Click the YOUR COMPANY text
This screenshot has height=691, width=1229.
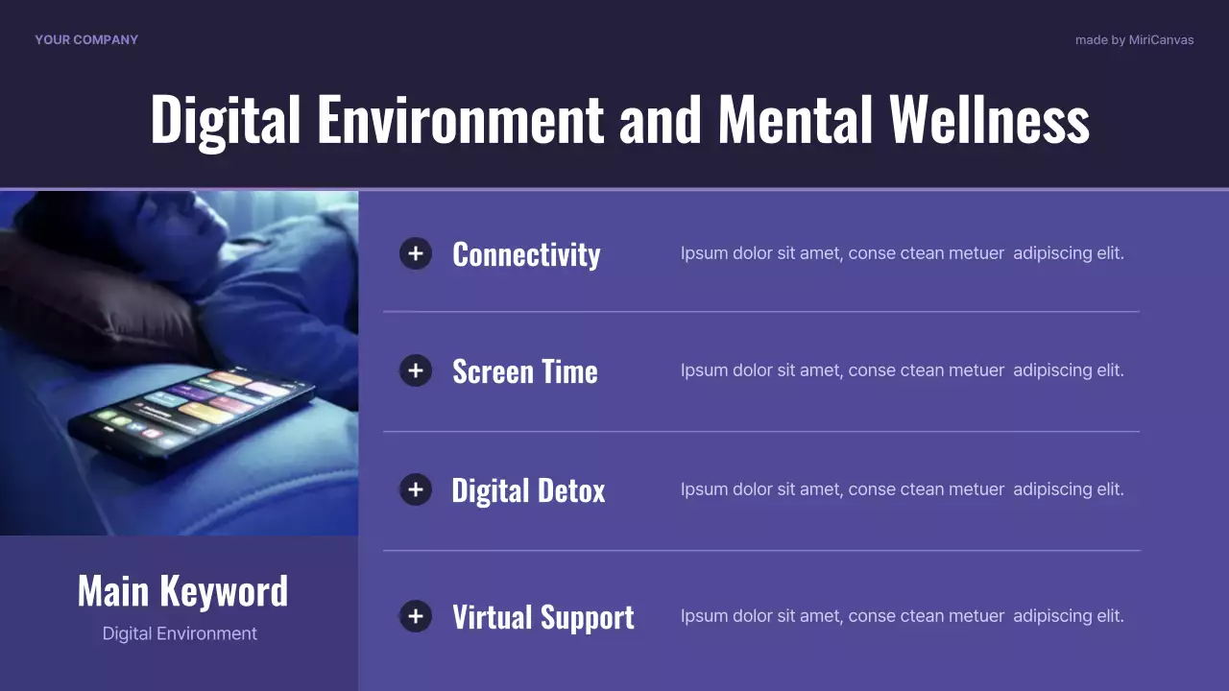pyautogui.click(x=86, y=39)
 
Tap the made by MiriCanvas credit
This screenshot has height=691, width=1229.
pyautogui.click(x=1134, y=40)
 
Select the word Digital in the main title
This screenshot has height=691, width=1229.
pyautogui.click(x=228, y=119)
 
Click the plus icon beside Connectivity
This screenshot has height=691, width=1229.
pyautogui.click(x=416, y=253)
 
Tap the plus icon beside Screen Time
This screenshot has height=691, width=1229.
pyautogui.click(x=416, y=370)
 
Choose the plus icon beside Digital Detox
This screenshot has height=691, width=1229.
pyautogui.click(x=416, y=489)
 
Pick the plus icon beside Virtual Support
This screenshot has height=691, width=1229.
pyautogui.click(x=416, y=616)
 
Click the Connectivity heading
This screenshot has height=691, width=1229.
pyautogui.click(x=526, y=254)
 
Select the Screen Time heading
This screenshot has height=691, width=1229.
pyautogui.click(x=524, y=371)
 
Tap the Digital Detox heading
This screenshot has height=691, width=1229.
pyautogui.click(x=528, y=490)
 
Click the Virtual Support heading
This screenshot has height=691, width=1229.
pyautogui.click(x=542, y=617)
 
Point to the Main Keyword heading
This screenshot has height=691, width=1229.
pyautogui.click(x=182, y=590)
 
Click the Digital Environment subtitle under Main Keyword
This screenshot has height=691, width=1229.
pyautogui.click(x=180, y=633)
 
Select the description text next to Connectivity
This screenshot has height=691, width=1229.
pyautogui.click(x=902, y=253)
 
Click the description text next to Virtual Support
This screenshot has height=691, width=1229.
pyautogui.click(x=902, y=616)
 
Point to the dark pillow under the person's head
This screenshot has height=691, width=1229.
pyautogui.click(x=96, y=298)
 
